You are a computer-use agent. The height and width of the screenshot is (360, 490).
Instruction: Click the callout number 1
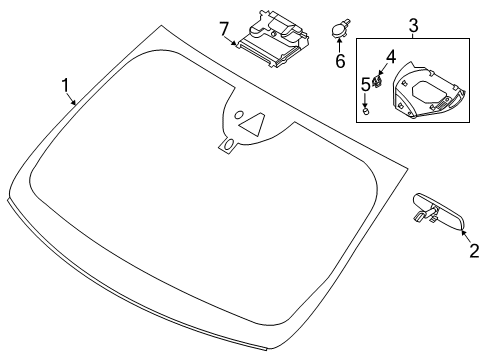(66, 86)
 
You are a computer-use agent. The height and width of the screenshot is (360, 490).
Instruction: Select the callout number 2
(474, 252)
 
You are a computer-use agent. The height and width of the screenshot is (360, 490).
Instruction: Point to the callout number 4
(391, 58)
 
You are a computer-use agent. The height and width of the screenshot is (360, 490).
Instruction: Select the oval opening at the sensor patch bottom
(229, 147)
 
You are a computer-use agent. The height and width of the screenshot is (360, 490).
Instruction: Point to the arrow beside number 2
(466, 239)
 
